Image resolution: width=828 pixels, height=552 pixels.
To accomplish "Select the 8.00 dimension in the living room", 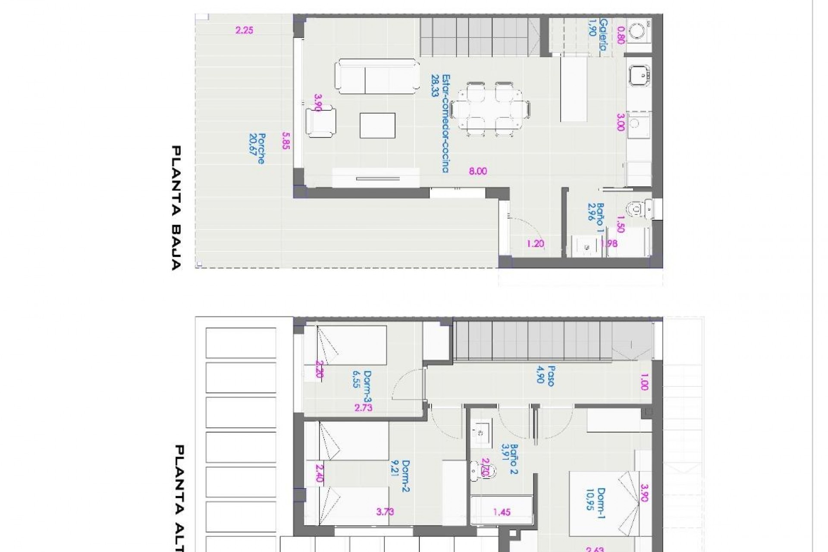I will (478, 171).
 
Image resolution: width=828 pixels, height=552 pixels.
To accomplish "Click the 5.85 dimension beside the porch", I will (285, 141).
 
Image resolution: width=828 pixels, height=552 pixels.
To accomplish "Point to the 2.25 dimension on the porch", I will (244, 30).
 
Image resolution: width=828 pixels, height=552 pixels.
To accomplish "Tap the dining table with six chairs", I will (490, 109).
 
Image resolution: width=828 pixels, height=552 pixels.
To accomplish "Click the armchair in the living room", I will (321, 122).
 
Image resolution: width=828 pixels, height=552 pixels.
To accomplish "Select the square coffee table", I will (377, 125).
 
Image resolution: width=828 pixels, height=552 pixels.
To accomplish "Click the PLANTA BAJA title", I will (177, 207).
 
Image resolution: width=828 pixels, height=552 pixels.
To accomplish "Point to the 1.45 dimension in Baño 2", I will (502, 512).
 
